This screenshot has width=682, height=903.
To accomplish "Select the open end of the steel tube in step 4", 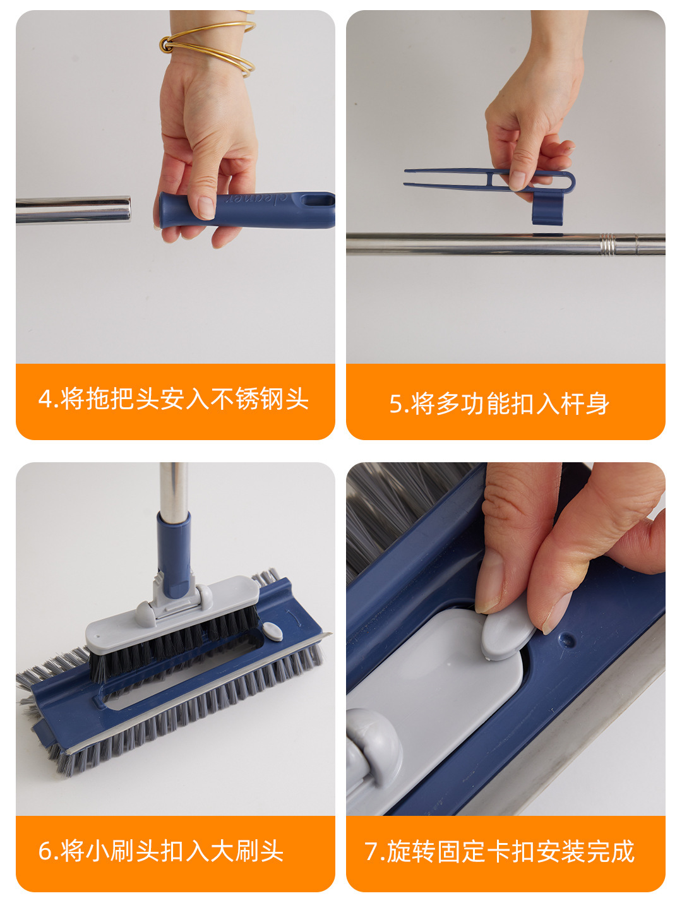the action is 127,210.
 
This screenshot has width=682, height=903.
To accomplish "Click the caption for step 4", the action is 173,398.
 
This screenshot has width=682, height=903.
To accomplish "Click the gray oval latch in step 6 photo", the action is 272,631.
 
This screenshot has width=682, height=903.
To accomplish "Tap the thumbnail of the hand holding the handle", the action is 206,208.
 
